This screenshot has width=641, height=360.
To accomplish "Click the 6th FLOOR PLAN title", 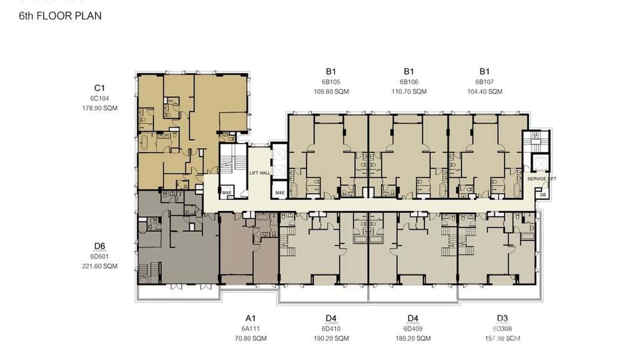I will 60,16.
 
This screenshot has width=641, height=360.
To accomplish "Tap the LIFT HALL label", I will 260,173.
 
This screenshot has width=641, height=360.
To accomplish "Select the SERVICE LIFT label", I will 542,179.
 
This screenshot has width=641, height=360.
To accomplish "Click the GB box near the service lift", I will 542,195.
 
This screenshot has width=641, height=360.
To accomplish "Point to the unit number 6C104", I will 99,98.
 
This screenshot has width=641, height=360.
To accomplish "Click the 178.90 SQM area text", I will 99,108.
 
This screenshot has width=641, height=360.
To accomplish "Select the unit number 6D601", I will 99,256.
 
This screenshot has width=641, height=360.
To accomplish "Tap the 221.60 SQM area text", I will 99,266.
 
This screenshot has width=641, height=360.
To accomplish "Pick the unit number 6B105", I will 331,82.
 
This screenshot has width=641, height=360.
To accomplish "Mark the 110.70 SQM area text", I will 409,91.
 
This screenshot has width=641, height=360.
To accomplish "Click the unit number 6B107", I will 485,82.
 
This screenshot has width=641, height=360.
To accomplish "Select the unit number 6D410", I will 331,328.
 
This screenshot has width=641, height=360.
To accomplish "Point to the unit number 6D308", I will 502,328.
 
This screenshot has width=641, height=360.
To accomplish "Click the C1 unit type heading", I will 99,88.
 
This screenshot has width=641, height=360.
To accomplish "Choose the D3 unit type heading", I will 502,318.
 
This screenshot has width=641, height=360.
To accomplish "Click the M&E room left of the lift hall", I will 227,193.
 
